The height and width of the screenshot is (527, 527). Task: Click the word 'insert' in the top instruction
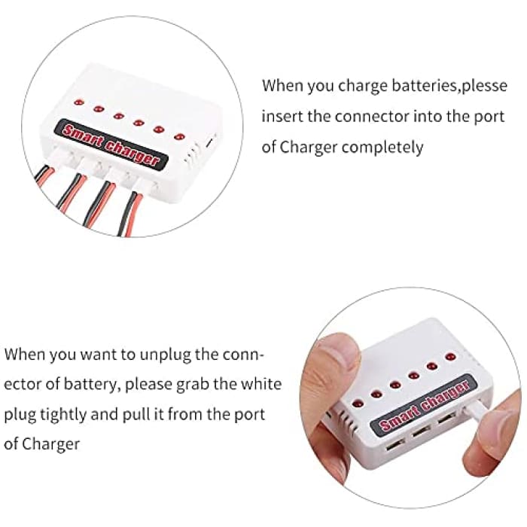click(280, 116)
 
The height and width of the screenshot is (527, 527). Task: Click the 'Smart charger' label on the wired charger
click(111, 145)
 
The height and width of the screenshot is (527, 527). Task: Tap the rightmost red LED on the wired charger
click(179, 136)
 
